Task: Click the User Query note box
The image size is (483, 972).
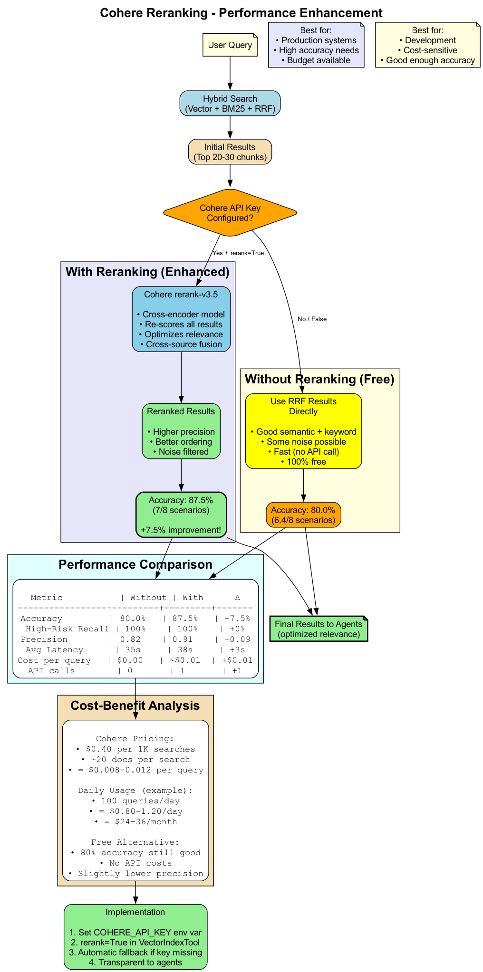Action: [x=230, y=45]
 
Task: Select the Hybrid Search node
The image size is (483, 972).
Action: [x=230, y=104]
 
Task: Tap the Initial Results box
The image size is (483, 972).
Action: [x=230, y=152]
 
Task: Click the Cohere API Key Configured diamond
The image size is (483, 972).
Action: [x=230, y=213]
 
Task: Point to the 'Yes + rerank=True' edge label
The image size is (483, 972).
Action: [x=238, y=253]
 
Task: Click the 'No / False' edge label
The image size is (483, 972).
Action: [x=312, y=319]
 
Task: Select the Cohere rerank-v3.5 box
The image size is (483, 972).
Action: [x=181, y=319]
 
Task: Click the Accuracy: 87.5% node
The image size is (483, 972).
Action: [x=181, y=515]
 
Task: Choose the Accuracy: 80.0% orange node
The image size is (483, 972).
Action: [x=303, y=515]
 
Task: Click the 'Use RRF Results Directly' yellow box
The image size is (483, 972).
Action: [x=303, y=431]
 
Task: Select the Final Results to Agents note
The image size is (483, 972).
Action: [x=319, y=629]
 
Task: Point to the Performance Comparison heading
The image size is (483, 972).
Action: [x=135, y=564]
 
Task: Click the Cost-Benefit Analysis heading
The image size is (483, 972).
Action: [x=135, y=705]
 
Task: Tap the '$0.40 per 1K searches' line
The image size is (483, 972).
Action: [x=135, y=749]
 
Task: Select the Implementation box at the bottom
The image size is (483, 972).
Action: [x=135, y=936]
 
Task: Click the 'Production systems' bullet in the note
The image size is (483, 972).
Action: [x=316, y=40]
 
